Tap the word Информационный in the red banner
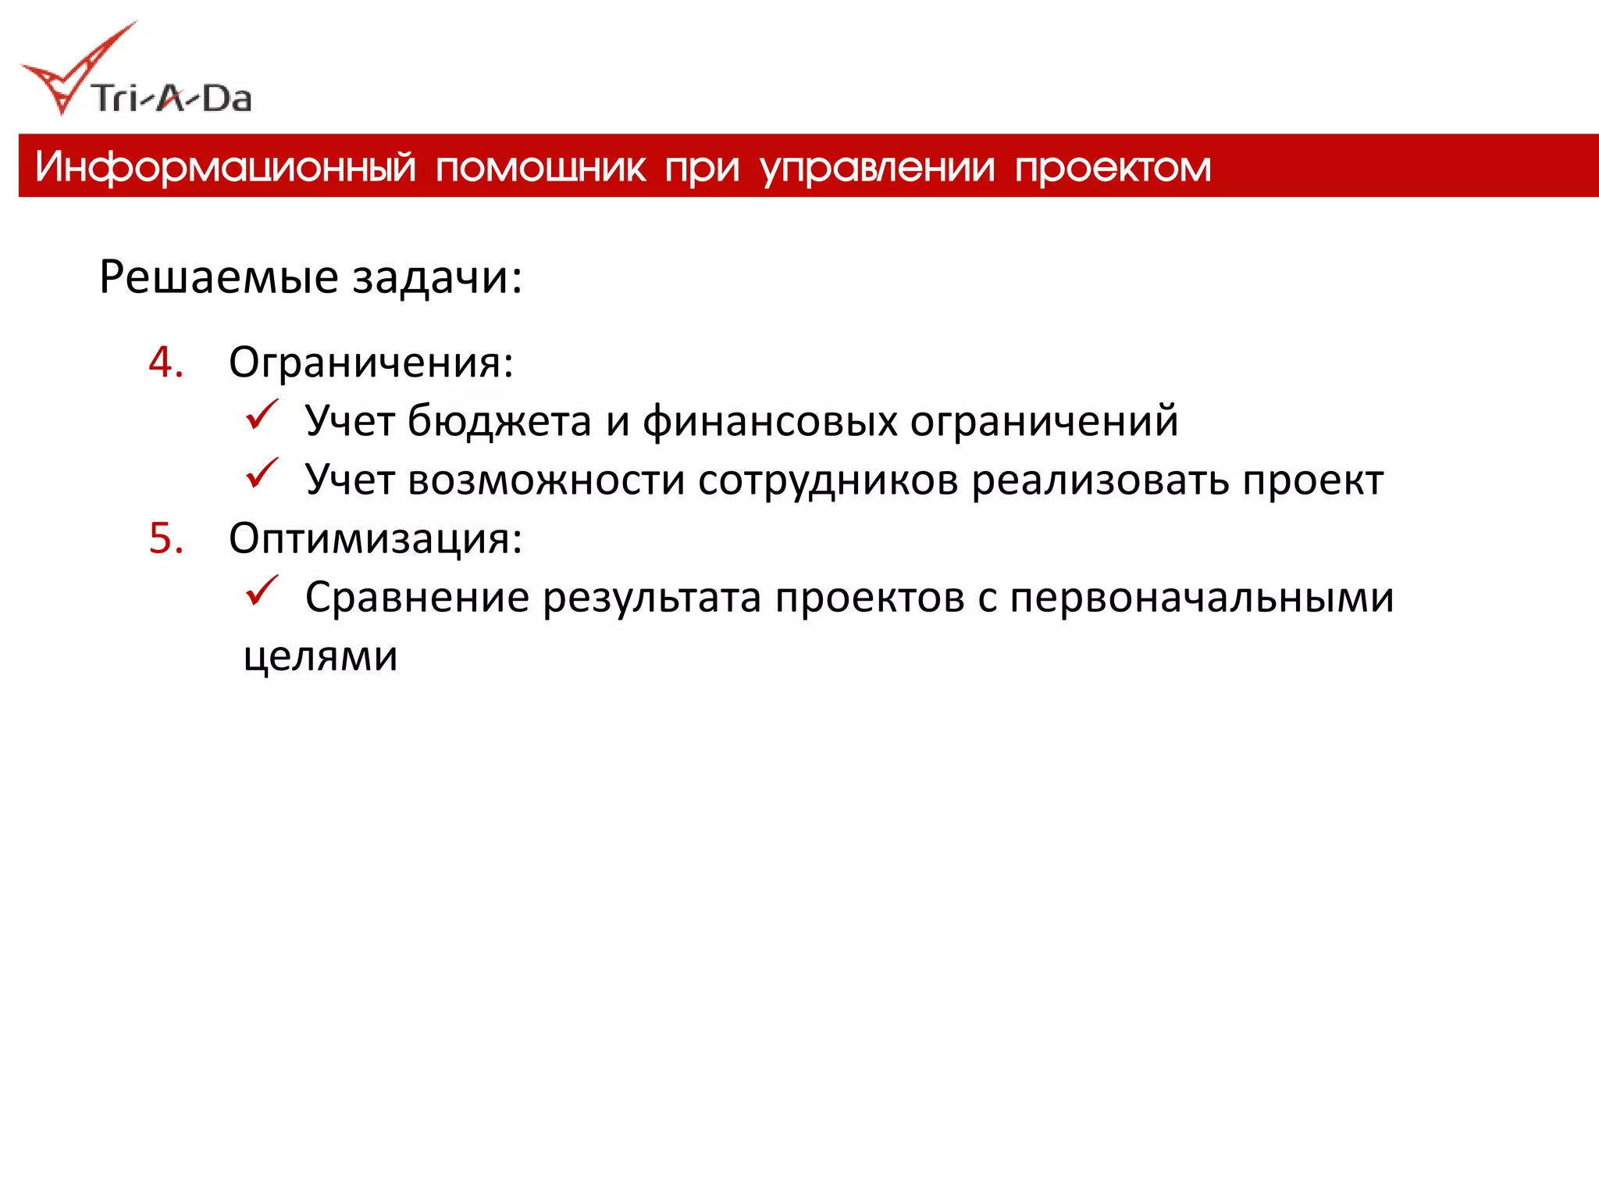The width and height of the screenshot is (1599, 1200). [226, 167]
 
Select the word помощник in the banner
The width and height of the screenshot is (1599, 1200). [540, 167]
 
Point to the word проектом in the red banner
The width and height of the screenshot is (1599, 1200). [1113, 167]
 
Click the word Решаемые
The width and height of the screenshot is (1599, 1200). [219, 277]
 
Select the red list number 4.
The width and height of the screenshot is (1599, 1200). [166, 362]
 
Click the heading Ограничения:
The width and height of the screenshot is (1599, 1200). [371, 363]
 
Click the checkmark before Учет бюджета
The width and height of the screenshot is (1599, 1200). [262, 415]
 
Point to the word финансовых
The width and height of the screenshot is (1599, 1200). [770, 422]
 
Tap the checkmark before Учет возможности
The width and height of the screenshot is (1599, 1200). [262, 473]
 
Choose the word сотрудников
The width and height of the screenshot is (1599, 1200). [828, 480]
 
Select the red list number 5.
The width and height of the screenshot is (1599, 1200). [166, 539]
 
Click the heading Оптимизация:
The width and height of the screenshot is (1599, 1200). [376, 539]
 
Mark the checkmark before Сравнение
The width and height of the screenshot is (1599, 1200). [262, 591]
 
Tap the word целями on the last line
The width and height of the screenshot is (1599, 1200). [320, 656]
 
